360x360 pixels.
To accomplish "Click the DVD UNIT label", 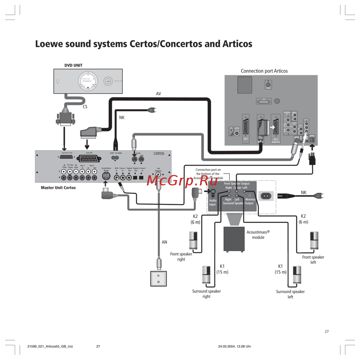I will [73, 66].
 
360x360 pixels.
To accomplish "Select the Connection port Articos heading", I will [264, 71].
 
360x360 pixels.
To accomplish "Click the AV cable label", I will [158, 94].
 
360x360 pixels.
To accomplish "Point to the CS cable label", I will [85, 107].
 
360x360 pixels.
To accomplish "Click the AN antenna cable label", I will [164, 242].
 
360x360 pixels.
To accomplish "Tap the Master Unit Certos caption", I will [58, 188].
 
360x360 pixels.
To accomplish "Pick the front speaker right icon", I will [193, 241].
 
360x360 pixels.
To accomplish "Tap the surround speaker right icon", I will [206, 276].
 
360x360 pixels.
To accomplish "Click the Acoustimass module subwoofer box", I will [234, 240].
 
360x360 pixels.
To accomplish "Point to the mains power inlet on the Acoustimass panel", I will [267, 196].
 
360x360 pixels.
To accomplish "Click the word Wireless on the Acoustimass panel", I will [250, 199].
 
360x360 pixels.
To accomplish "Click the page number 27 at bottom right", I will [327, 332].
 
